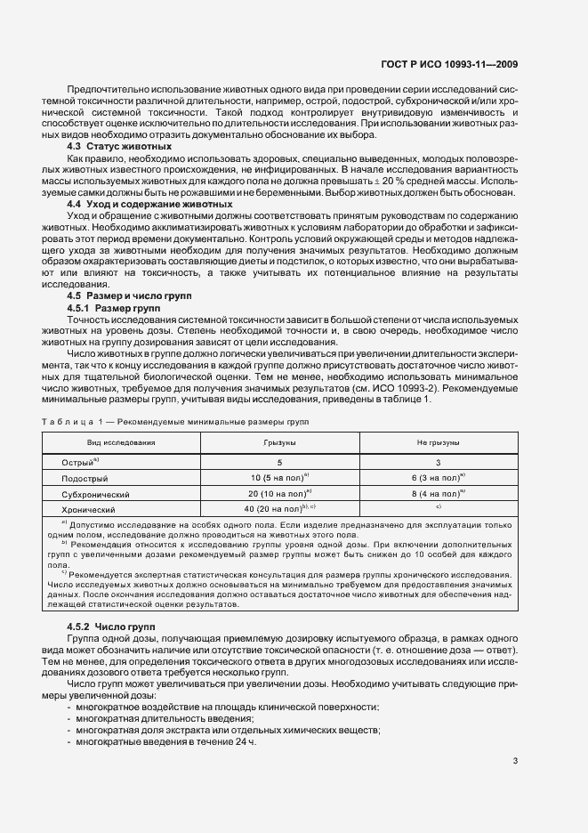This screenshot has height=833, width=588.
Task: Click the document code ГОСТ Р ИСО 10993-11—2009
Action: [462, 65]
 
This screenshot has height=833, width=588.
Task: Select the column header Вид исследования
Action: [121, 441]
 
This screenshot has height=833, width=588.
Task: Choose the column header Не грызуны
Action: [438, 441]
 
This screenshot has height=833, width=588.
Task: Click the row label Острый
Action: [79, 463]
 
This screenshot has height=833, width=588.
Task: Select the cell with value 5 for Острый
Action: [279, 463]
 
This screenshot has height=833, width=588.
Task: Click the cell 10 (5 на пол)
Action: [279, 478]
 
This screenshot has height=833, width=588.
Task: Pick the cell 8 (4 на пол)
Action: [438, 493]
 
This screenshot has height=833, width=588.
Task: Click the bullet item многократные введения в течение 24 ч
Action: [165, 740]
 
